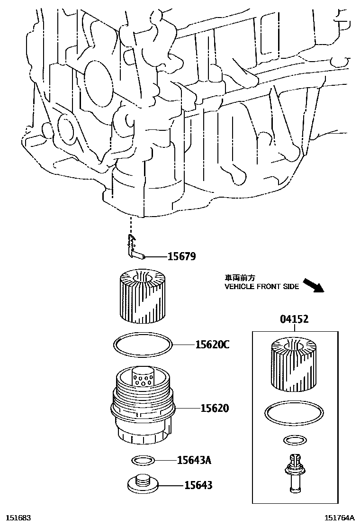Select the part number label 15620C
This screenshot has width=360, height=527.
click(212, 345)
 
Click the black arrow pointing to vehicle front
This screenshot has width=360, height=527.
click(313, 286)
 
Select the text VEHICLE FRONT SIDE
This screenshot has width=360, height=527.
click(261, 287)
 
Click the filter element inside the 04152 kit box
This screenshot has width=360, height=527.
click(294, 364)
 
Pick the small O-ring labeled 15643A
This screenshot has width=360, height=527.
click(142, 460)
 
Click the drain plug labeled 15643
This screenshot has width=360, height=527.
click(143, 483)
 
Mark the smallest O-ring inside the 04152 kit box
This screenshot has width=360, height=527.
click(293, 441)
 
